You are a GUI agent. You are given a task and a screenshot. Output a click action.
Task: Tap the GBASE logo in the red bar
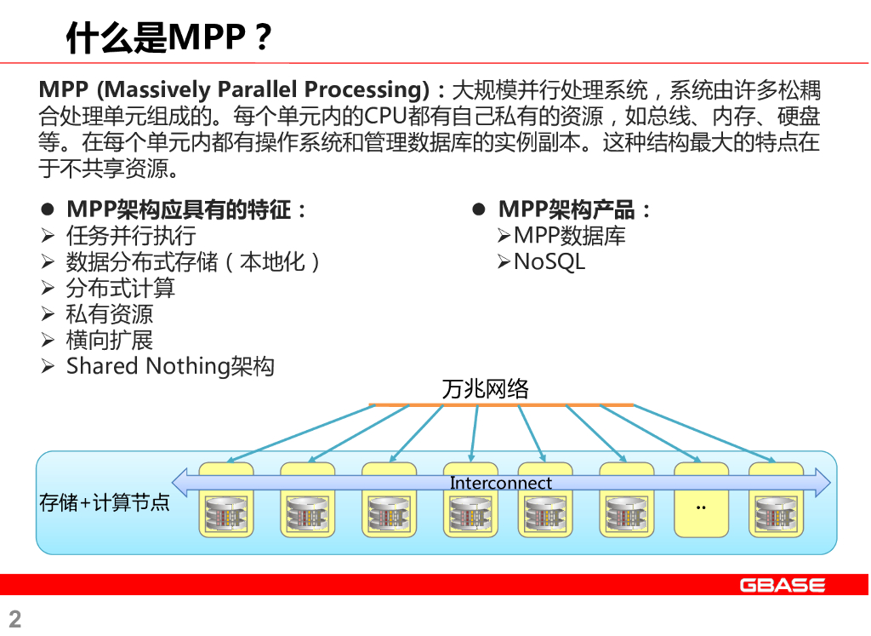coord(782,585)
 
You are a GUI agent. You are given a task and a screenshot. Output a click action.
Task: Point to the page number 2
coord(14,618)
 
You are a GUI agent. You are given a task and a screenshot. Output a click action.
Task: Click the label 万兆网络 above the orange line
coord(486,389)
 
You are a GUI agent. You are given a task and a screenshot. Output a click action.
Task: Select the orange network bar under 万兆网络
coord(502,404)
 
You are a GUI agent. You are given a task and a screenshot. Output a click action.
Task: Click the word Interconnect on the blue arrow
coord(501,483)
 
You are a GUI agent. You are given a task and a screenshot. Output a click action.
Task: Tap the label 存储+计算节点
coord(105,502)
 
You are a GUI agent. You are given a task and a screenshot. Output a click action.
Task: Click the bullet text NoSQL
coord(549,261)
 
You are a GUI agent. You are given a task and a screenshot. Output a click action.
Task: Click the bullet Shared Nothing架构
coord(170,366)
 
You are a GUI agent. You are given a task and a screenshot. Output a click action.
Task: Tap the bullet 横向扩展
coord(110,340)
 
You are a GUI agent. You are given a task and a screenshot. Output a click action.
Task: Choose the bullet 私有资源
coord(110,314)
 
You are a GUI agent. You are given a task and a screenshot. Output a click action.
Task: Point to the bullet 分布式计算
coord(121,288)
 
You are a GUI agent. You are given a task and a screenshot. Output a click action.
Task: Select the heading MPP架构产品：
coord(575,209)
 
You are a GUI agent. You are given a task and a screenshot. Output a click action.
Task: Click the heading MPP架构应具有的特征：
coord(186,209)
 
